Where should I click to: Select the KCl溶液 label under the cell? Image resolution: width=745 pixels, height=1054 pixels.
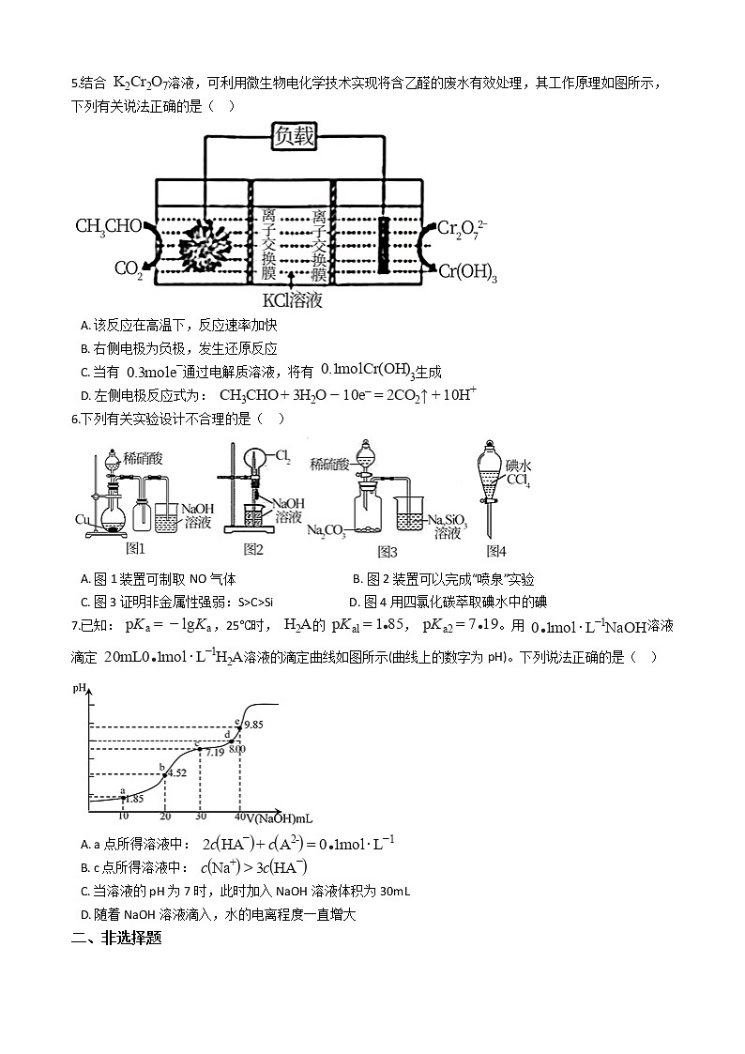(x=292, y=300)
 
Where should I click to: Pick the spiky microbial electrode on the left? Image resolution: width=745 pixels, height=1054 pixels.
(x=205, y=247)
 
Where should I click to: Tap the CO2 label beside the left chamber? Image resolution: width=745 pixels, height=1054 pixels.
(x=128, y=269)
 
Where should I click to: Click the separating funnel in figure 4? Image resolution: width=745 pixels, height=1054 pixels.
(x=489, y=482)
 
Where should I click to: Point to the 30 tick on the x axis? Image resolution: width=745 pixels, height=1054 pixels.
(x=201, y=815)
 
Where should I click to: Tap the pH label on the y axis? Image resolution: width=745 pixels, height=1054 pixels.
(x=80, y=689)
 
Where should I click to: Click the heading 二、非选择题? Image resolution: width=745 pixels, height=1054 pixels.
(x=116, y=937)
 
